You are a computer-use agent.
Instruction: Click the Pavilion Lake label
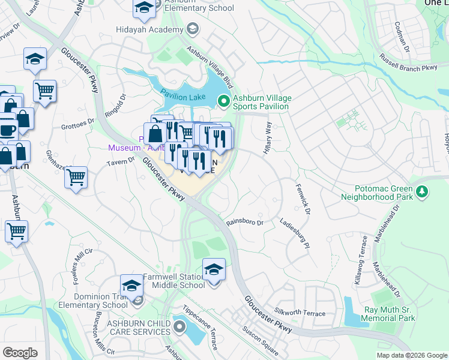click(x=183, y=97)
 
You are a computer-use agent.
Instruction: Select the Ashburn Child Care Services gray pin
click(x=179, y=328)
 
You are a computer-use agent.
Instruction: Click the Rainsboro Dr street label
click(x=245, y=222)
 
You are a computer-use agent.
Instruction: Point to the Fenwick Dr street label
click(x=303, y=200)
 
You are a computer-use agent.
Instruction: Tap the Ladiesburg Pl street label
click(x=294, y=233)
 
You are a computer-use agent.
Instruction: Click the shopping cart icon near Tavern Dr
click(x=76, y=177)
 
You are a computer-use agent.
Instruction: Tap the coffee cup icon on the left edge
click(x=7, y=129)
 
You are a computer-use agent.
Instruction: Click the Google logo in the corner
click(x=20, y=352)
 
